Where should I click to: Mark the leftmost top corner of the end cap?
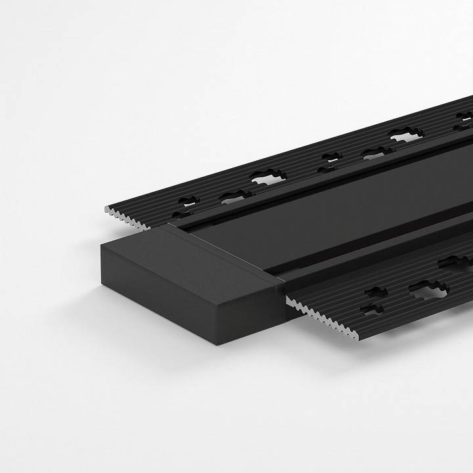point(101,242)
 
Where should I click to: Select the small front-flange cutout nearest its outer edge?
point(376,307)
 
